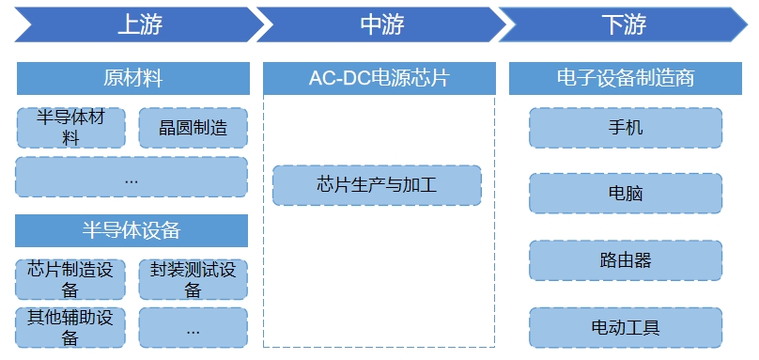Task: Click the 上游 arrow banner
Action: pos(139,25)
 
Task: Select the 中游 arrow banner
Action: pos(381,25)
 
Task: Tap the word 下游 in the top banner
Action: pos(624,25)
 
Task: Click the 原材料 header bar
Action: pos(132,78)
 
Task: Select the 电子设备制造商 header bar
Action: pos(625,78)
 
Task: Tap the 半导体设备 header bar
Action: pos(132,230)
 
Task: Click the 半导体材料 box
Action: pos(70,127)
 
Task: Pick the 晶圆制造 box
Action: pos(193,127)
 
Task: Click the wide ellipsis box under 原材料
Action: pos(132,177)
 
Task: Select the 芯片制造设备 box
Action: pos(70,279)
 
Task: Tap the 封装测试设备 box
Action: pos(193,279)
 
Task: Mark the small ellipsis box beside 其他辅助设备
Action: pos(193,328)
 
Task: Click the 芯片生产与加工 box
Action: pos(377,185)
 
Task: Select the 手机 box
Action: pos(626,127)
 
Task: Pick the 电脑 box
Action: pos(626,194)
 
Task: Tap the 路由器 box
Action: pos(626,260)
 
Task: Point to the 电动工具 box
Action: pos(626,327)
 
